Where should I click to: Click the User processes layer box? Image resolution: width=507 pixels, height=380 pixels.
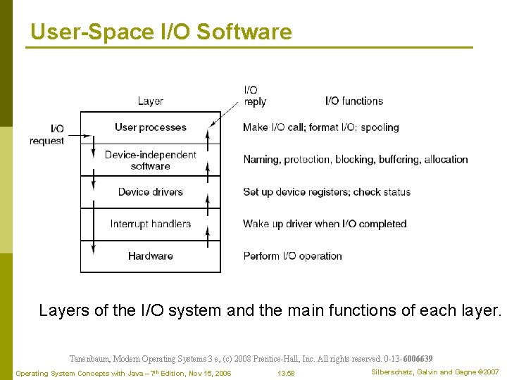coord(150,127)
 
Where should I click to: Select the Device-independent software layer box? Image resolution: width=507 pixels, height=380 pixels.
coord(150,160)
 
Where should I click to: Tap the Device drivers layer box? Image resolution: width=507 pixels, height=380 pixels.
coord(150,192)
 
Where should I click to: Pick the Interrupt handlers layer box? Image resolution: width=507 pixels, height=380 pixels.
coord(150,224)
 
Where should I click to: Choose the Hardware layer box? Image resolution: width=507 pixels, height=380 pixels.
coord(150,256)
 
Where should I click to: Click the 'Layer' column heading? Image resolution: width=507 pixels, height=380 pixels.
coord(151,101)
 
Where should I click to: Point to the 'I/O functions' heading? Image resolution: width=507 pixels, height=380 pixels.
coord(354,101)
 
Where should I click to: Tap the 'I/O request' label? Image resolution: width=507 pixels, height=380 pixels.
coord(47,134)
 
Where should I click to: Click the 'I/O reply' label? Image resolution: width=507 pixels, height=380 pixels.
coord(254,96)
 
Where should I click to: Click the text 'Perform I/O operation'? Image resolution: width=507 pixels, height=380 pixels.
coord(292,256)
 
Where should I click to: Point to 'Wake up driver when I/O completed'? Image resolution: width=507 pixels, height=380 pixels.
coord(325,224)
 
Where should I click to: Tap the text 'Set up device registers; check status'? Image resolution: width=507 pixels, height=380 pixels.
coord(327,192)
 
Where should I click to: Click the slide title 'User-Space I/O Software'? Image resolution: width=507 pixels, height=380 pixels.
coord(161,32)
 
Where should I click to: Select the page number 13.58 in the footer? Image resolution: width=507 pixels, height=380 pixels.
coord(286,373)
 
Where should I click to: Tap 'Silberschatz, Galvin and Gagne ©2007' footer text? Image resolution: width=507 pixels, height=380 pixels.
coord(434,372)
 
